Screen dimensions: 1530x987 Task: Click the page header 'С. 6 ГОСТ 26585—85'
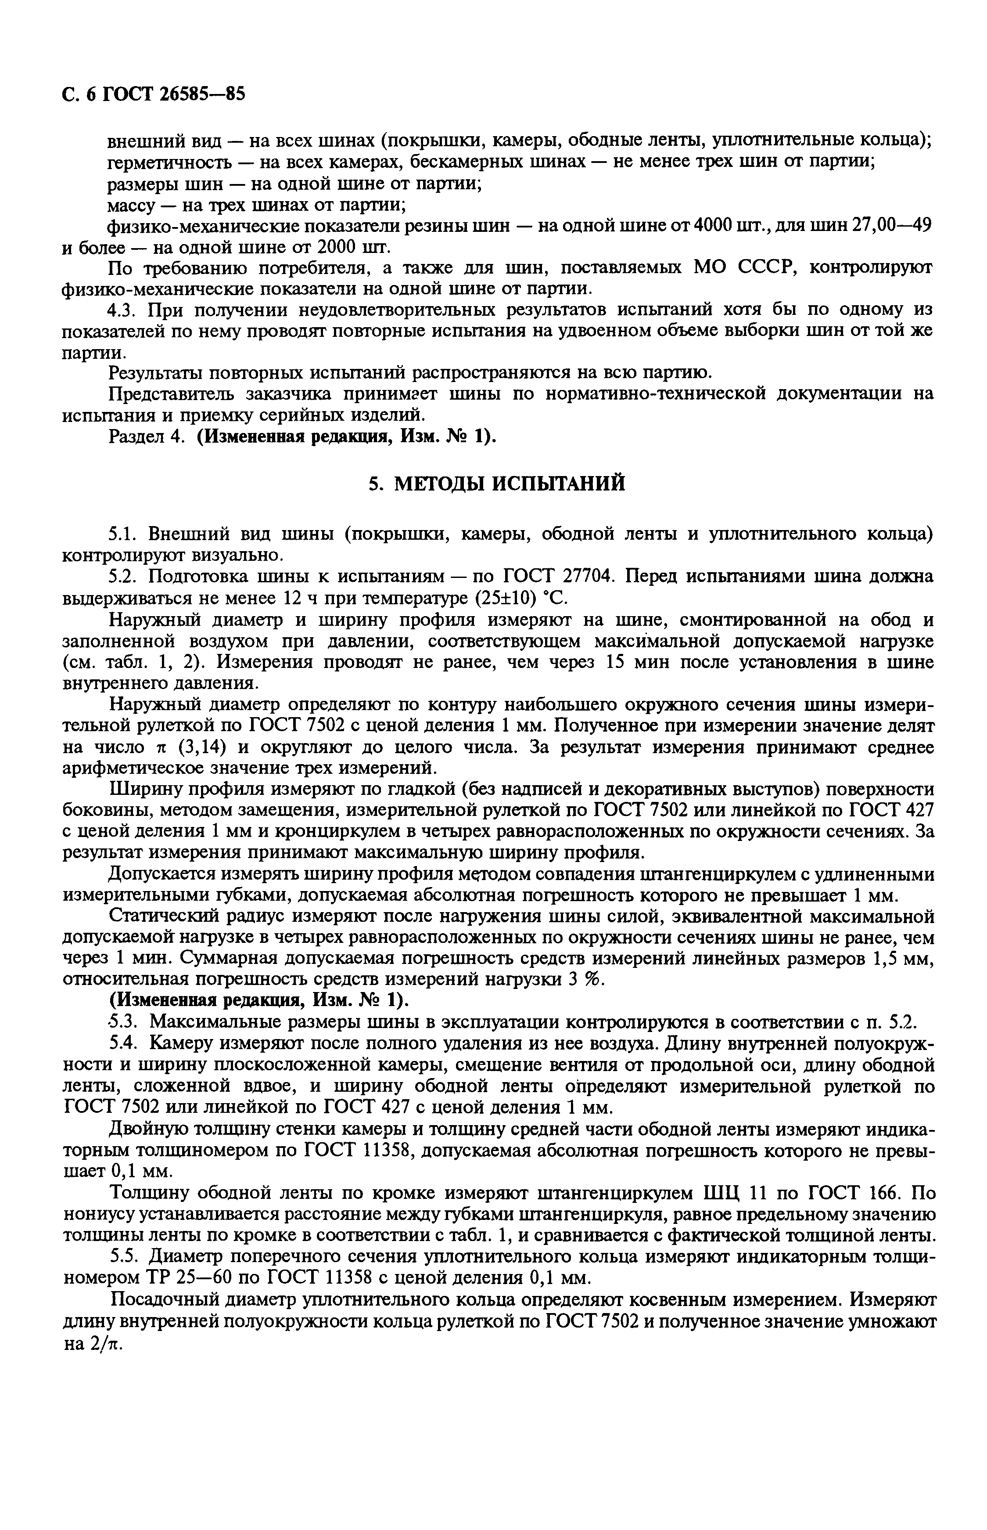154,94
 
